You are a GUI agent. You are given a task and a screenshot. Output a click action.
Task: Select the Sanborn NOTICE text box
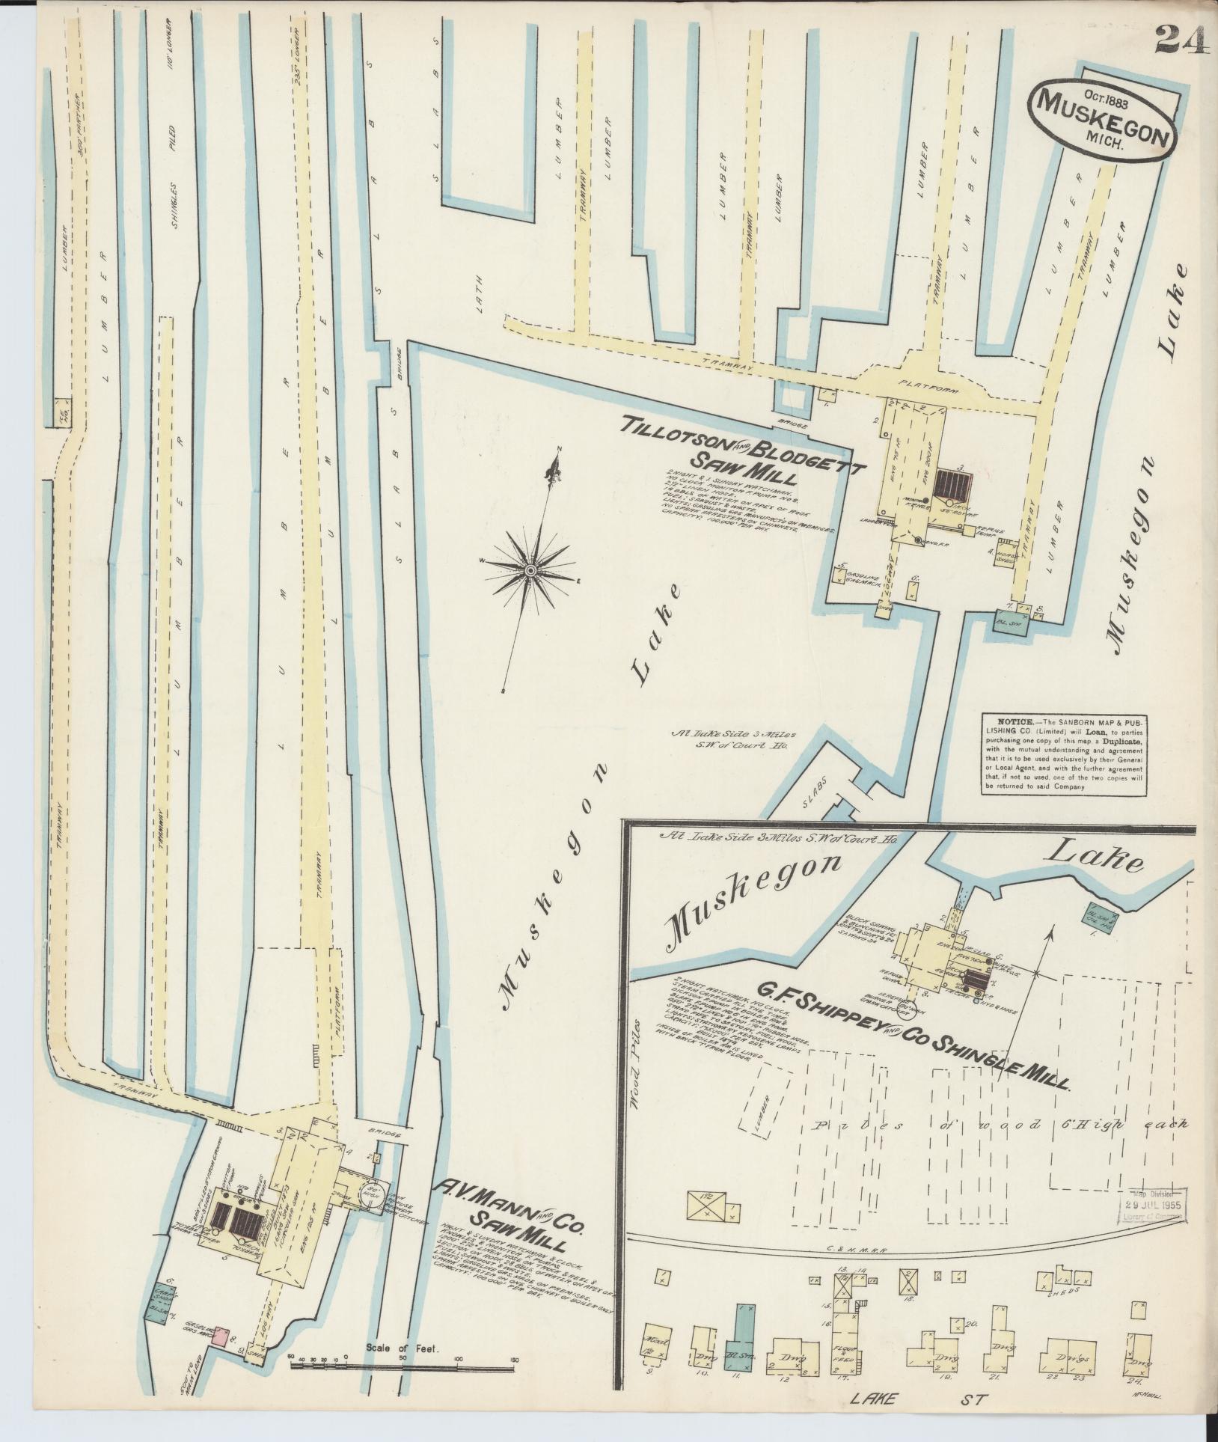coord(1064,754)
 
